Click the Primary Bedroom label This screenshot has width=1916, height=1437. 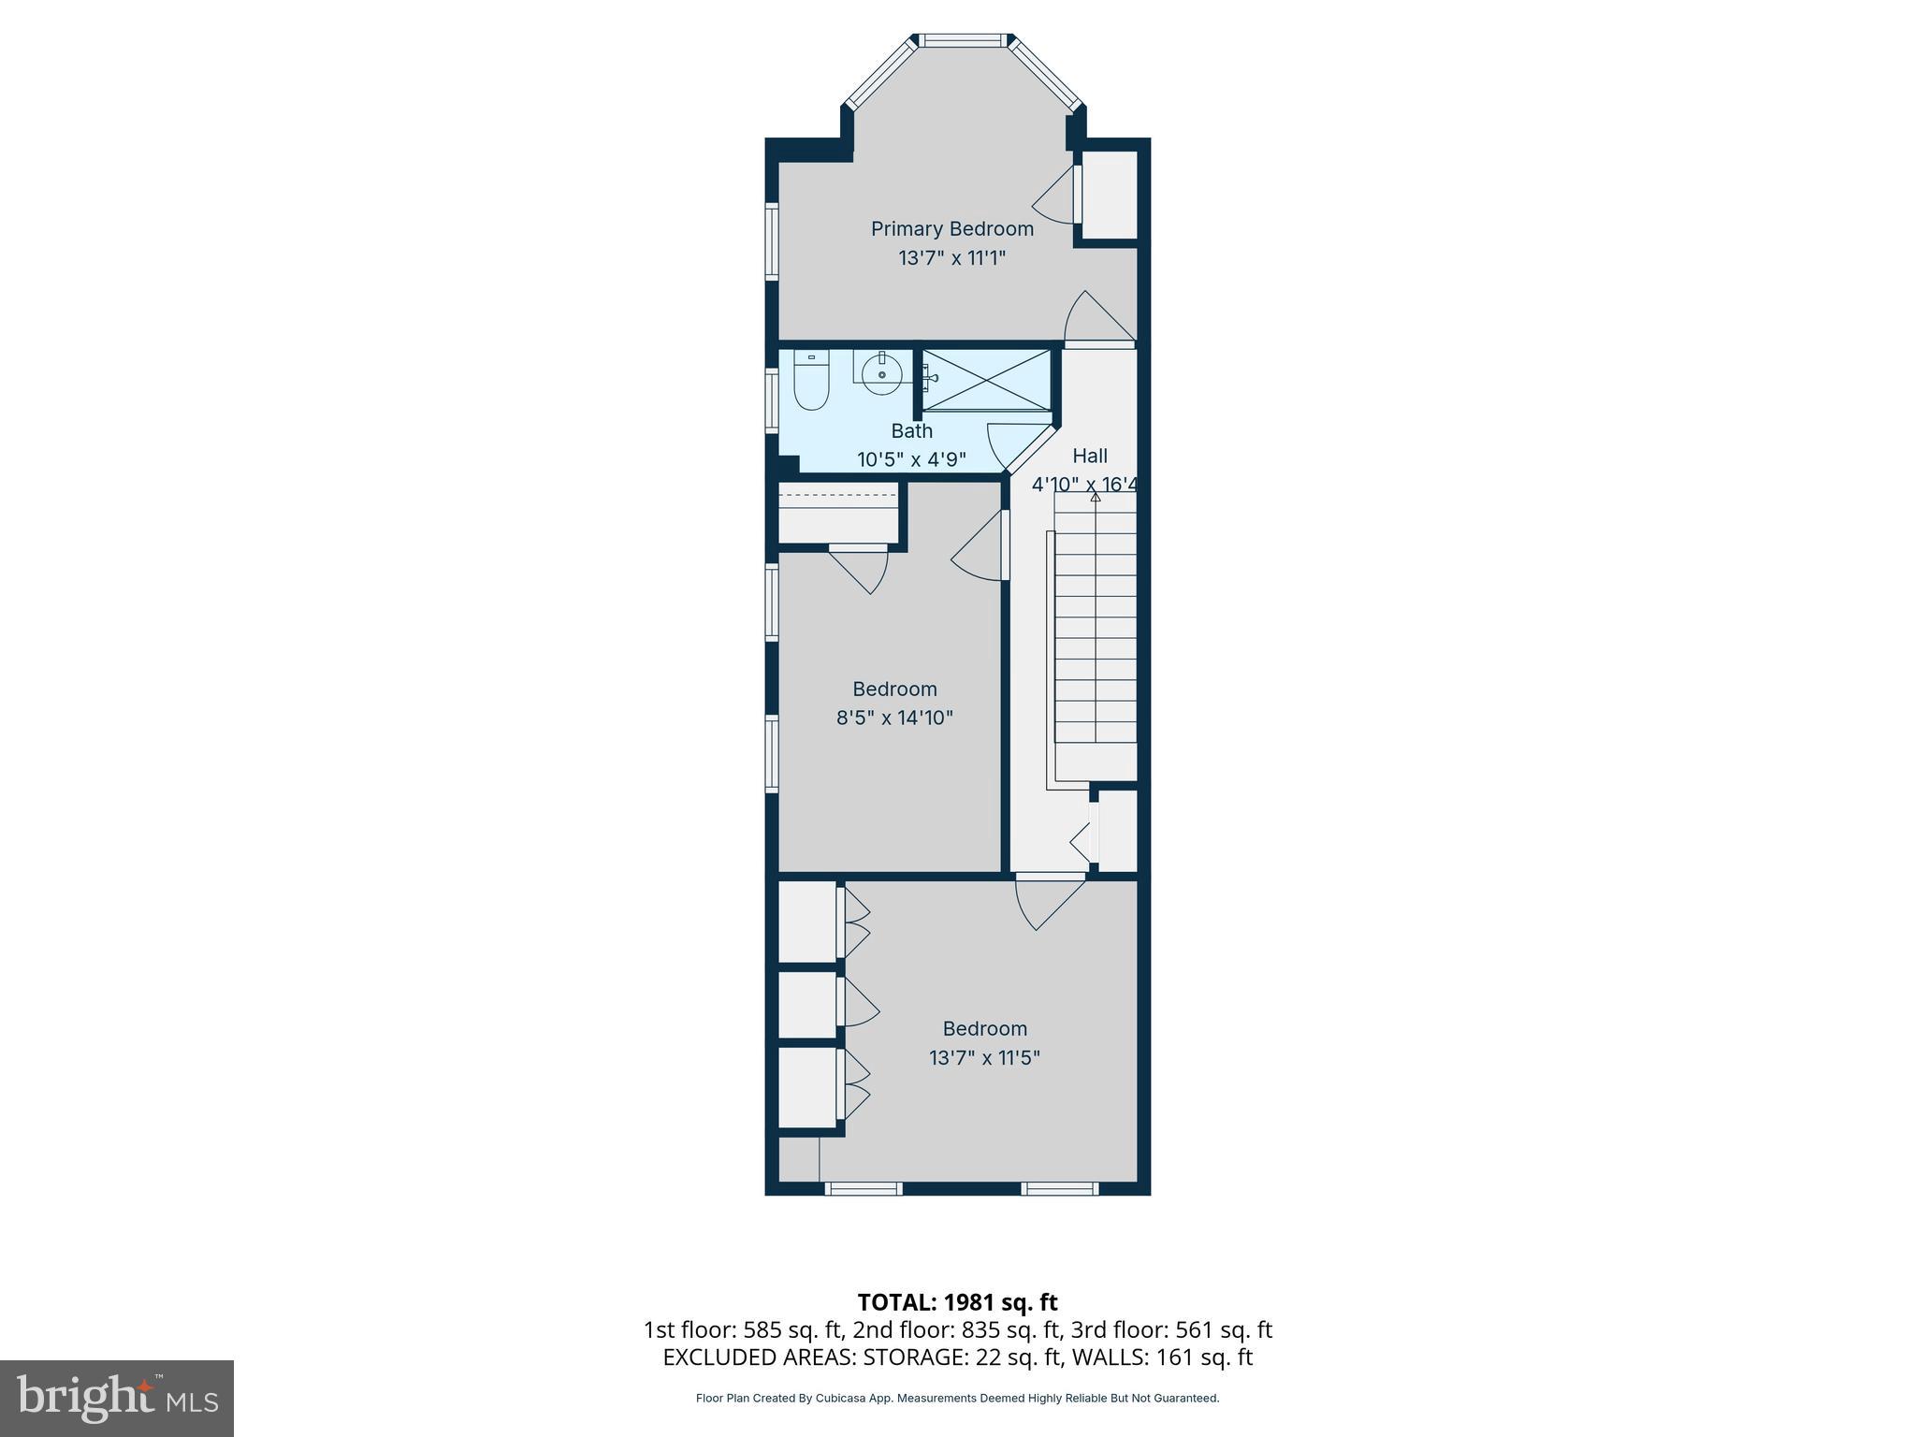click(951, 229)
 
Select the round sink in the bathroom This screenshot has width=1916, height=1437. click(881, 374)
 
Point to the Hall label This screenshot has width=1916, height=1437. click(1089, 457)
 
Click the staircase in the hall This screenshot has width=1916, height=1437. click(1096, 636)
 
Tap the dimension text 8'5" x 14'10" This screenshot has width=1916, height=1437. click(894, 718)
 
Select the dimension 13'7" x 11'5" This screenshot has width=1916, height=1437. click(984, 1058)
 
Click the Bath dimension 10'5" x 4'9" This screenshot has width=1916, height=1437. click(911, 460)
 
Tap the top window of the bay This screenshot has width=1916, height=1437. click(964, 41)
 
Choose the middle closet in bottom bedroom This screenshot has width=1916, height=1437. click(806, 1005)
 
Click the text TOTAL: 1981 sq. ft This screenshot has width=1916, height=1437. click(957, 1302)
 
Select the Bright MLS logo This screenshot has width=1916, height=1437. click(117, 1398)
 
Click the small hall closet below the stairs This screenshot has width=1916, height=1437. click(1117, 831)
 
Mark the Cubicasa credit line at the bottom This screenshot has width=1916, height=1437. click(957, 1399)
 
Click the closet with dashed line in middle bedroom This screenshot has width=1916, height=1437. click(837, 513)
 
